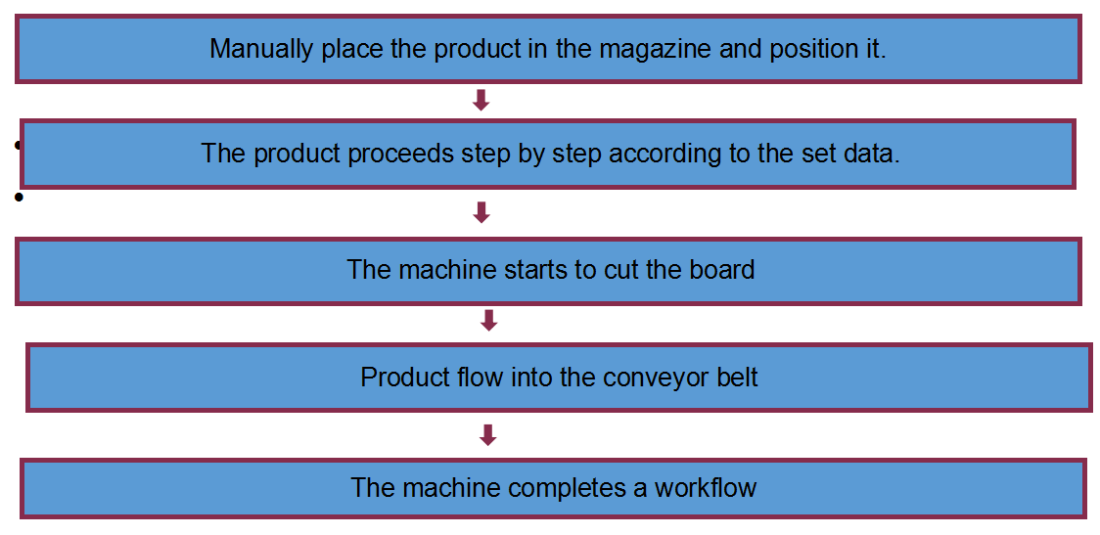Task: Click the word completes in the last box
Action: point(565,487)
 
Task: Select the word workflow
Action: point(705,486)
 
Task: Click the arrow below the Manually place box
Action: point(481,101)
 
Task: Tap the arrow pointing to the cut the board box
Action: point(481,212)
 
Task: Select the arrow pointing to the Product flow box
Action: point(488,320)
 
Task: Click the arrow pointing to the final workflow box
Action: point(488,434)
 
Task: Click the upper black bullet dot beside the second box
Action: point(18,146)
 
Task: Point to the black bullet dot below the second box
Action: point(19,197)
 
